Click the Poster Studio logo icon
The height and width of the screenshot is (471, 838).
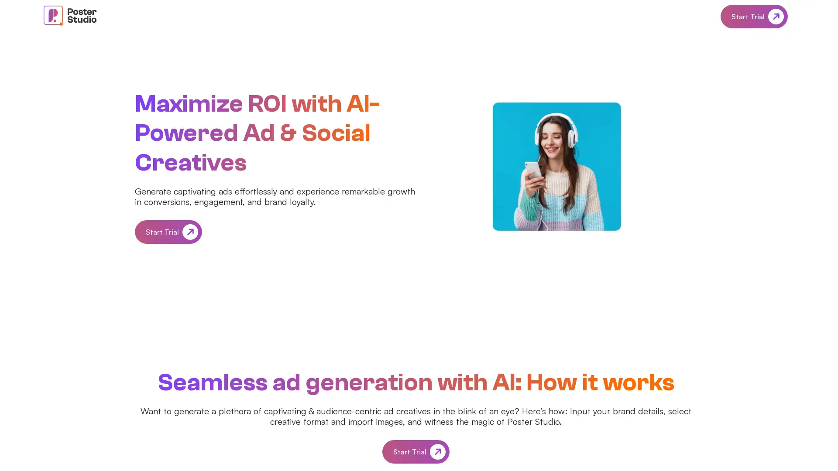click(x=53, y=16)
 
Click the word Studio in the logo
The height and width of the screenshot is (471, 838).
click(x=82, y=20)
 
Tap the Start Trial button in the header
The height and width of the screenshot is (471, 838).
click(x=754, y=17)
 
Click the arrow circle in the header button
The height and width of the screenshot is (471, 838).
click(x=776, y=17)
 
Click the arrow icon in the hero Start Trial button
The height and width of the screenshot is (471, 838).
click(x=190, y=232)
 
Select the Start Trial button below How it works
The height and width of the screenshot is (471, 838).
click(x=416, y=452)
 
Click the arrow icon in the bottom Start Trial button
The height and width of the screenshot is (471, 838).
click(x=437, y=452)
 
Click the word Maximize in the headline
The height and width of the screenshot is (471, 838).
click(x=189, y=104)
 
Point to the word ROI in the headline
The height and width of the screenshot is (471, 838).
click(x=267, y=104)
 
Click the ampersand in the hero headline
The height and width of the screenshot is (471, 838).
click(x=288, y=133)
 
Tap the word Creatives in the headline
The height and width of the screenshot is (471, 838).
click(x=191, y=163)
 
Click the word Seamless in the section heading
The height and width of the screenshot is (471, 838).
click(x=213, y=382)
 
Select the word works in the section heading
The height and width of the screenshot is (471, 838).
click(x=639, y=382)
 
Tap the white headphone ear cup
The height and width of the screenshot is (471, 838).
click(x=573, y=139)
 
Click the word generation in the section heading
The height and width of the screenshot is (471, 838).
click(x=369, y=382)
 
